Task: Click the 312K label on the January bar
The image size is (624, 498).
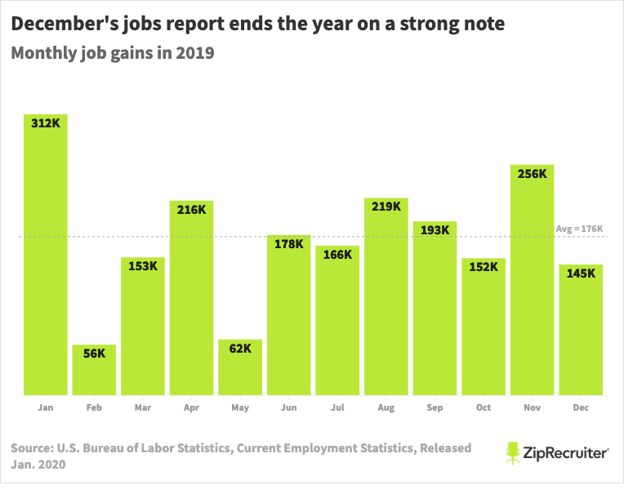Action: coord(45,123)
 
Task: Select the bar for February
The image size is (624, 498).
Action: coord(94,371)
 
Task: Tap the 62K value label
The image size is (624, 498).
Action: coord(240,349)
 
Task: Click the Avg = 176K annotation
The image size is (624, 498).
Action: coord(578,229)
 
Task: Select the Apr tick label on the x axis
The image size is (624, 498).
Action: coord(191,407)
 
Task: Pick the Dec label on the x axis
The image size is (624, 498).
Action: coord(581,407)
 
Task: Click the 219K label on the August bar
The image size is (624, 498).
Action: coord(386,207)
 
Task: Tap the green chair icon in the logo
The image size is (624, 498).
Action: coord(512,452)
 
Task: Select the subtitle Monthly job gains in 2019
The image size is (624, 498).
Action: coord(112,55)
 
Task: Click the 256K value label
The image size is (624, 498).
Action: coord(532,173)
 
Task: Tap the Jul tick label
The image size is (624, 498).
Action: coord(337,407)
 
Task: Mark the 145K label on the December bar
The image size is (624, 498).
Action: coord(581,273)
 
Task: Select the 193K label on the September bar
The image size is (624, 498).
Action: coord(435,230)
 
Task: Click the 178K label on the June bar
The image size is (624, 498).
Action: coord(288,243)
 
